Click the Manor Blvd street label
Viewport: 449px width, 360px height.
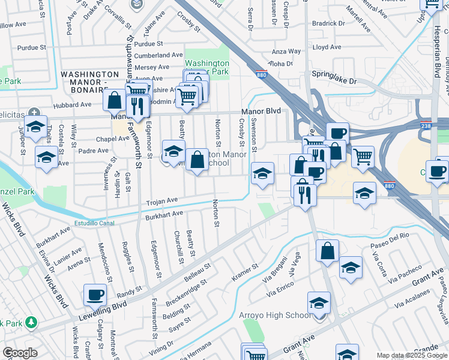pyautogui.click(x=261, y=111)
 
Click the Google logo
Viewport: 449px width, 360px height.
pyautogui.click(x=20, y=353)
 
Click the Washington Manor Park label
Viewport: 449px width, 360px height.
pyautogui.click(x=206, y=67)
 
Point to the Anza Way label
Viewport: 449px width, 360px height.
pyautogui.click(x=286, y=52)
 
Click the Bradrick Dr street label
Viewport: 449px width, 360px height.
pyautogui.click(x=328, y=23)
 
